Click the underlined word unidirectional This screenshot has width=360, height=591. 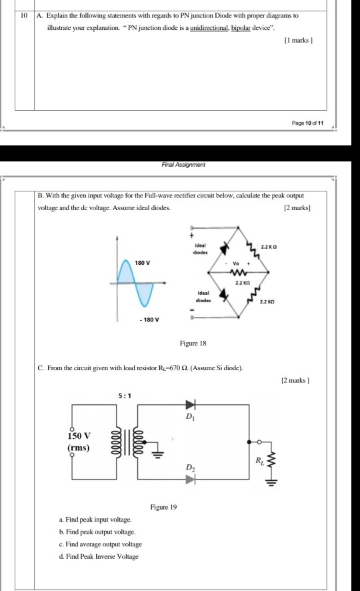[211, 29]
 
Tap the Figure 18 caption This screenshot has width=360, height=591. [193, 343]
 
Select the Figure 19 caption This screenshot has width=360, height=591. [163, 507]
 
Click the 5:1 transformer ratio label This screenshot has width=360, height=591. [125, 396]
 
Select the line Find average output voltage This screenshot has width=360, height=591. [101, 544]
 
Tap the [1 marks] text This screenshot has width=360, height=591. [299, 41]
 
